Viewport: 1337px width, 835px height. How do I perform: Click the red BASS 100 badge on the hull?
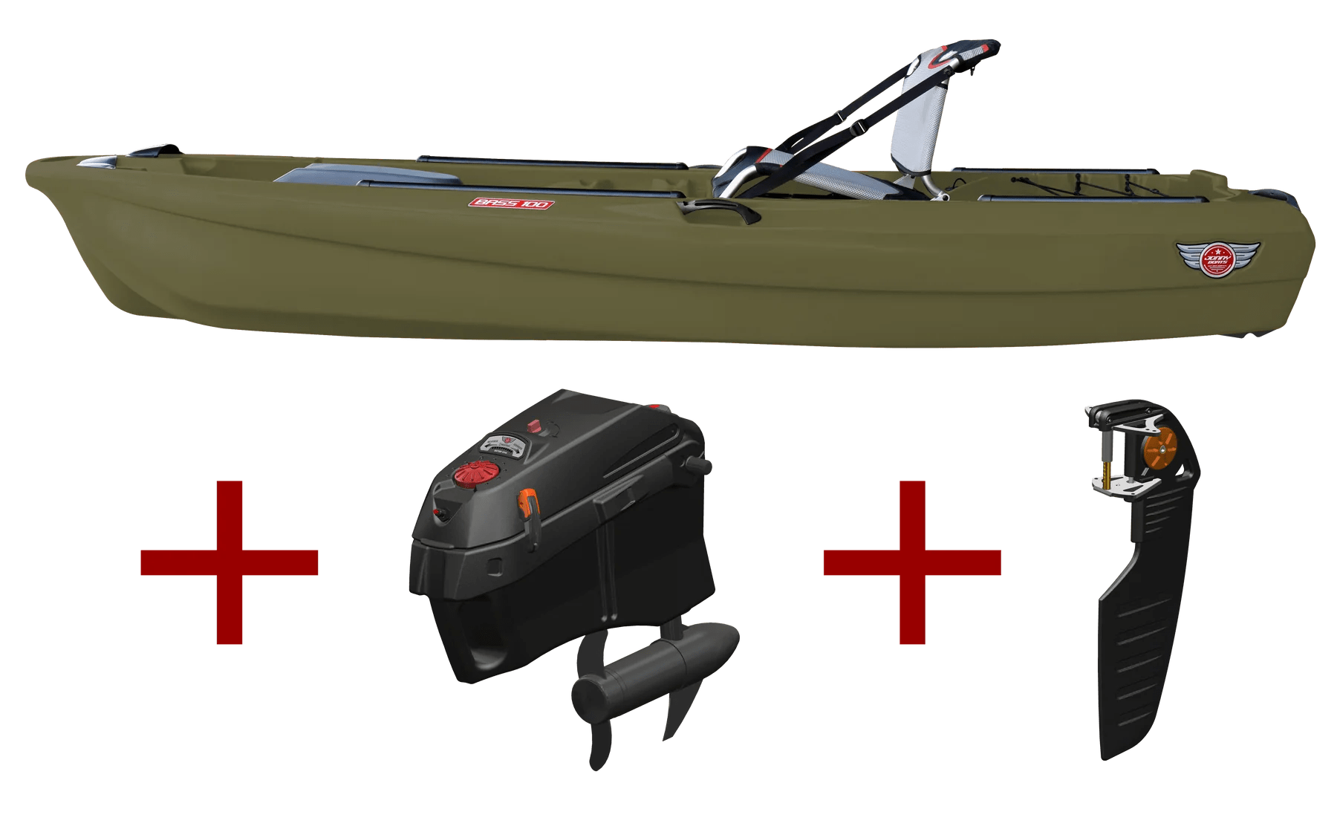click(511, 203)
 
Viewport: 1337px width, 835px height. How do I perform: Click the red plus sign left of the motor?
click(230, 562)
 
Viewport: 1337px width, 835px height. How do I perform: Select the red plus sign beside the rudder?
click(912, 562)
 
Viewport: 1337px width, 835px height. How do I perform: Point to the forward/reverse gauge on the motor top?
click(505, 444)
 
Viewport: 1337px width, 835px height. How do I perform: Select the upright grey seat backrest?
click(921, 141)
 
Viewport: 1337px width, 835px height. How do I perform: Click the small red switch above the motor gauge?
click(533, 426)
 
